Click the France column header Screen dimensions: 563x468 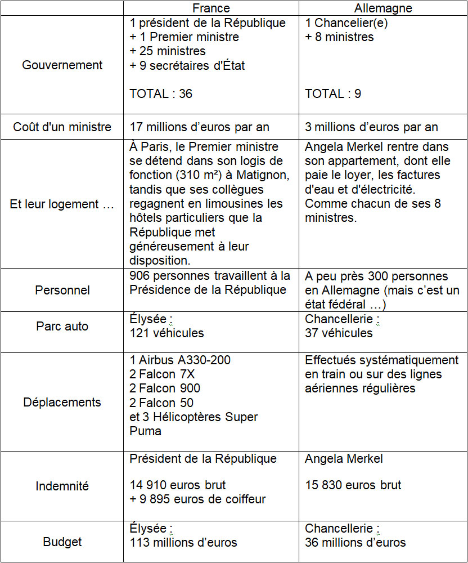(211, 8)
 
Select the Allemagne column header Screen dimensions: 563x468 (383, 8)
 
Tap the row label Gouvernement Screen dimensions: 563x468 (62, 65)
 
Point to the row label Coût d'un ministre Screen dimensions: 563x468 (62, 127)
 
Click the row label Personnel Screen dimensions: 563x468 (62, 291)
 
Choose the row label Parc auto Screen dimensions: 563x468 (62, 327)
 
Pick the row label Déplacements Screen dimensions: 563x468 (62, 403)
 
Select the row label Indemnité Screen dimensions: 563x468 (62, 486)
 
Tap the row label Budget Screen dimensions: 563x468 (62, 542)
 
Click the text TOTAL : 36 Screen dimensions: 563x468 (161, 94)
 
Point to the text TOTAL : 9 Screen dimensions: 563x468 (333, 94)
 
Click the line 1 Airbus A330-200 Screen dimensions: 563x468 (180, 360)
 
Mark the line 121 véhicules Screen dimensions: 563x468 (166, 333)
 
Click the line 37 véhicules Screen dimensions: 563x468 (339, 333)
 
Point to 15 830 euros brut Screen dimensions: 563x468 (353, 485)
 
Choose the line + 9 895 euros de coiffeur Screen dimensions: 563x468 (197, 499)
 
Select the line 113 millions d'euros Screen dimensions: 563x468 (183, 543)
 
